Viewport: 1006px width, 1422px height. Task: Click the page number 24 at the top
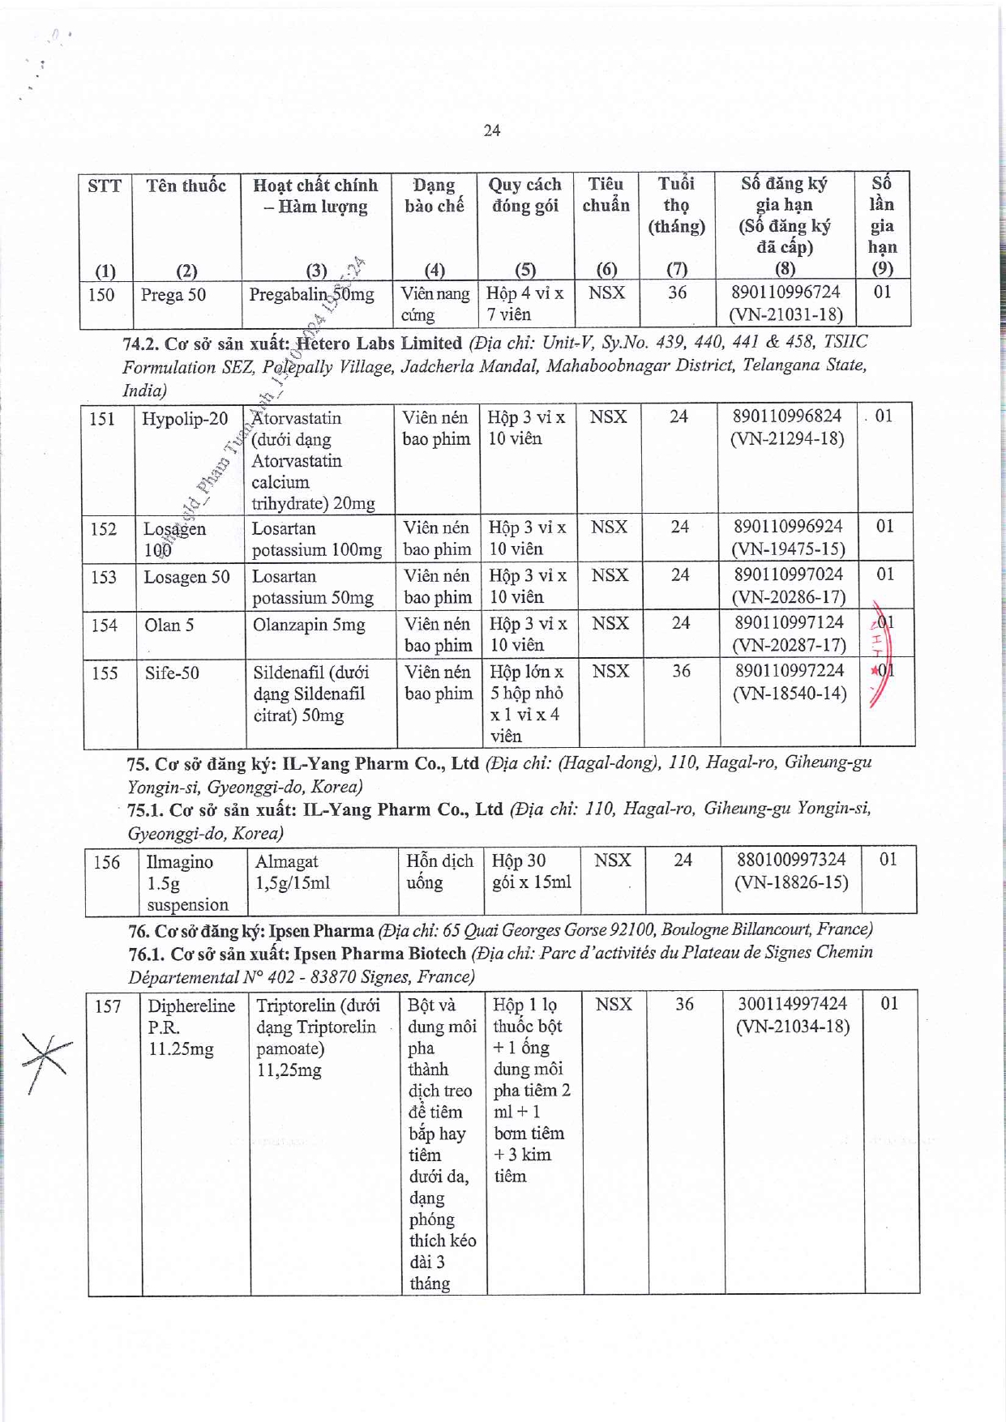pyautogui.click(x=491, y=130)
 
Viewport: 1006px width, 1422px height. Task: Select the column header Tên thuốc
pyautogui.click(x=186, y=186)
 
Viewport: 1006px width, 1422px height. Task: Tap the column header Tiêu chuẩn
pyautogui.click(x=606, y=194)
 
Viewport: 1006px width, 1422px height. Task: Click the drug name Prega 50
pyautogui.click(x=173, y=295)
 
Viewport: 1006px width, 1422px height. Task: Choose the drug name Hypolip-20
pyautogui.click(x=185, y=419)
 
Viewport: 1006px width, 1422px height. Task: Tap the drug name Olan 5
pyautogui.click(x=169, y=626)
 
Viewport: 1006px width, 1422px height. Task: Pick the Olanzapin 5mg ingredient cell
pyautogui.click(x=309, y=626)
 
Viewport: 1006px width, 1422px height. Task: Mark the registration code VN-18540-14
pyautogui.click(x=789, y=694)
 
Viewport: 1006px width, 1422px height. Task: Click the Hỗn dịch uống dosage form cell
pyautogui.click(x=439, y=872)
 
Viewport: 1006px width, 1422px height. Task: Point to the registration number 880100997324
pyautogui.click(x=790, y=860)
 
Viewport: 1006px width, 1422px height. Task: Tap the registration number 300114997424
pyautogui.click(x=792, y=1004)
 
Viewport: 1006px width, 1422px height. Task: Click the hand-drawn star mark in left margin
pyautogui.click(x=45, y=1061)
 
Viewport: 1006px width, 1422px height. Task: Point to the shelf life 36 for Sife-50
pyautogui.click(x=681, y=671)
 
